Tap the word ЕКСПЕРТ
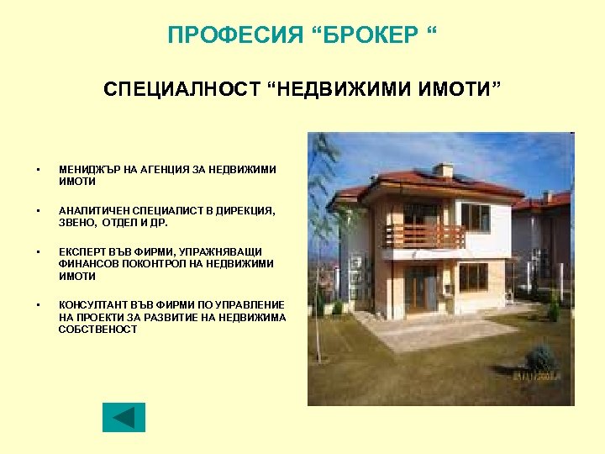coord(82,251)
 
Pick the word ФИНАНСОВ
coord(87,264)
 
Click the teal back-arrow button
coord(124,417)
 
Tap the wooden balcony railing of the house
coord(424,236)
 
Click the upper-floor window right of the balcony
coord(475,217)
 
